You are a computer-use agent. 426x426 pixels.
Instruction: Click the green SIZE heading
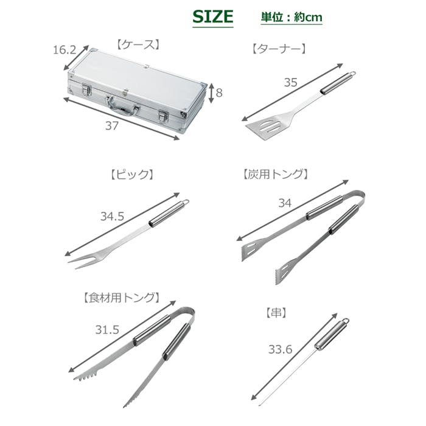[213, 16]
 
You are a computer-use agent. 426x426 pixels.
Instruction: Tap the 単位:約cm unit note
[292, 18]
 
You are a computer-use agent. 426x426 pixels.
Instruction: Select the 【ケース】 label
[138, 45]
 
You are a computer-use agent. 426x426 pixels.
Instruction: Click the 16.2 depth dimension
[65, 50]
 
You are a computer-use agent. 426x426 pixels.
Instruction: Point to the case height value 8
[219, 93]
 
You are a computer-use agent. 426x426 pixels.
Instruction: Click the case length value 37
[111, 126]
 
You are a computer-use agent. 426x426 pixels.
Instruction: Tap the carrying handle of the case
[122, 106]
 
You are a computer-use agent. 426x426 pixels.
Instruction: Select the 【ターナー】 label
[279, 49]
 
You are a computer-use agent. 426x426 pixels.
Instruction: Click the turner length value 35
[291, 82]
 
